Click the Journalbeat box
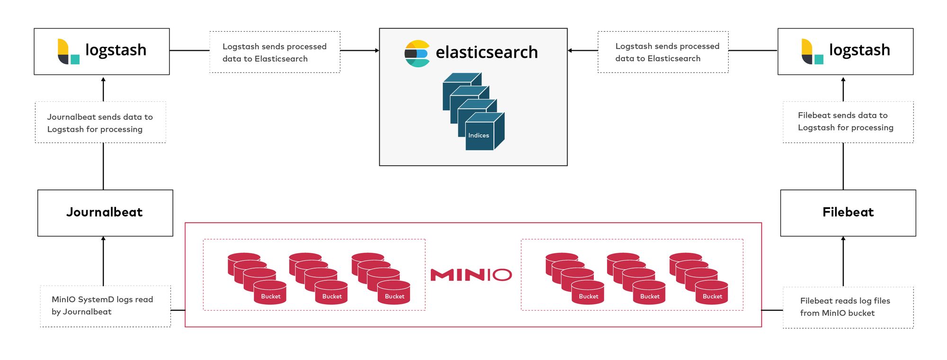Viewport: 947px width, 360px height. pyautogui.click(x=105, y=213)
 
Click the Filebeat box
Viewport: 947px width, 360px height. pyautogui.click(x=848, y=213)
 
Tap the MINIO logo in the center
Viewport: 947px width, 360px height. pyautogui.click(x=471, y=275)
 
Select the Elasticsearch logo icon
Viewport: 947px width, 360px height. pyautogui.click(x=417, y=54)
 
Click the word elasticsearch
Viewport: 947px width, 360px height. pyautogui.click(x=486, y=52)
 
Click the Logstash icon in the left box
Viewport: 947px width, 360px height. pyautogui.click(x=68, y=52)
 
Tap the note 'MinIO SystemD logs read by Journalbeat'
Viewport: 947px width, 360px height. pyautogui.click(x=105, y=306)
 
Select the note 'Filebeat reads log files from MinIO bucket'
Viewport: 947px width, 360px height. pyautogui.click(x=848, y=307)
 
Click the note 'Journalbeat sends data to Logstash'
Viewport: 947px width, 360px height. pyautogui.click(x=100, y=123)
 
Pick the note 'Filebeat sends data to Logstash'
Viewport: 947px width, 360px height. pyautogui.click(x=848, y=122)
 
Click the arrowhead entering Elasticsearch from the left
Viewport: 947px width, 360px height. pyautogui.click(x=377, y=50)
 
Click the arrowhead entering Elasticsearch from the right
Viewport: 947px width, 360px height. pyautogui.click(x=570, y=50)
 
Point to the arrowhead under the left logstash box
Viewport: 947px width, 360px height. pyautogui.click(x=103, y=80)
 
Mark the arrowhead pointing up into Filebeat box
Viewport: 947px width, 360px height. pyautogui.click(x=843, y=239)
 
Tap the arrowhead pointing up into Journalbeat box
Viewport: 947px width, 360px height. pyautogui.click(x=103, y=239)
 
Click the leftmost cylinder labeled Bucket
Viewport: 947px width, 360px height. pyautogui.click(x=270, y=292)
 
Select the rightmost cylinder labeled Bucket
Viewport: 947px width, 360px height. pyautogui.click(x=712, y=292)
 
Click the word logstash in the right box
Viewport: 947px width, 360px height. pyautogui.click(x=859, y=50)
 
